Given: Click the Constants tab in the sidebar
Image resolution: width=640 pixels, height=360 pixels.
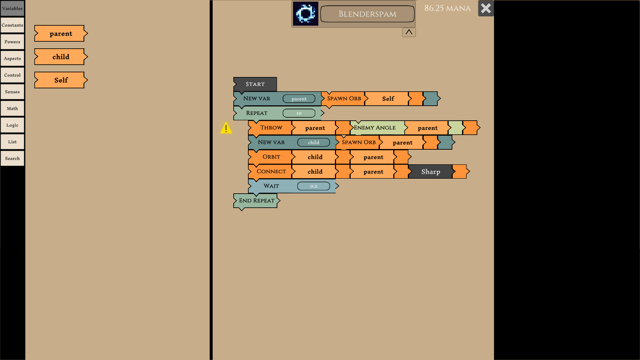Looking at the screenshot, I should point(12,25).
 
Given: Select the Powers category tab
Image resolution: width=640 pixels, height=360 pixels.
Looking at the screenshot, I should point(12,42).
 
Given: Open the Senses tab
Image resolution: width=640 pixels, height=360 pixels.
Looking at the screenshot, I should point(12,92).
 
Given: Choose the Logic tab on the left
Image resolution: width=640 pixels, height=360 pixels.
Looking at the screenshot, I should point(12,125).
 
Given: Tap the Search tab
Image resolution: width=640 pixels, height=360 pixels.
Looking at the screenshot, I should point(12,159).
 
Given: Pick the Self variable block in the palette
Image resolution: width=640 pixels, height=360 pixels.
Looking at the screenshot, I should point(61,80).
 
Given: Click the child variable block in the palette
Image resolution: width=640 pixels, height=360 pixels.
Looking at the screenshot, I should point(61,57).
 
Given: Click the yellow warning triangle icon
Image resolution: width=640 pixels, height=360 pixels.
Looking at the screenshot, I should point(226,128).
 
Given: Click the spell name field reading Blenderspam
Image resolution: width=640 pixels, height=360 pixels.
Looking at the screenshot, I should point(367,14).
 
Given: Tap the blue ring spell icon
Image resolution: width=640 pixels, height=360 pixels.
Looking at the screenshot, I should point(306,14).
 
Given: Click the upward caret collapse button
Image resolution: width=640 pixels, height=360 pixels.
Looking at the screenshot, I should point(409,32).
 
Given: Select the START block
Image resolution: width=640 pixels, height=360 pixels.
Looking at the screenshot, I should point(255,84).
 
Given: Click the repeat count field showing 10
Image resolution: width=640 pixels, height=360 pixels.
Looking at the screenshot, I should point(299,113).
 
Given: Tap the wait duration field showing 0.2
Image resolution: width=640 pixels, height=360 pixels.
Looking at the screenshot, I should point(313,186).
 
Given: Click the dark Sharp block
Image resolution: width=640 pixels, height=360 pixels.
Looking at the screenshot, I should point(430,172).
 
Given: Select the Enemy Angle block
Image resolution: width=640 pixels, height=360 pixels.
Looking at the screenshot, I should point(375,128).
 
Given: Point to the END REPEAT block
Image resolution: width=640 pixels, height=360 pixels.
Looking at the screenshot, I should point(256,201).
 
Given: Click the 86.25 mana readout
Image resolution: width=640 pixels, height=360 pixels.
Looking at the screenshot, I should point(447,8).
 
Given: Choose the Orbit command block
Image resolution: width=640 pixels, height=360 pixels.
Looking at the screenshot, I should point(271,157).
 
